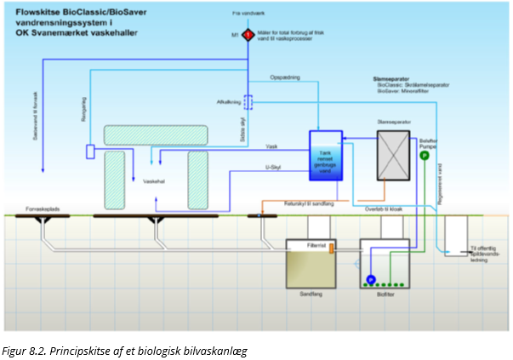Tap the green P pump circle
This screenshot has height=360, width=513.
(x=424, y=156)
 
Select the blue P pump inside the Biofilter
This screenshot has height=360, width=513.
(x=371, y=280)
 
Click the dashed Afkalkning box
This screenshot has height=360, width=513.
(x=248, y=102)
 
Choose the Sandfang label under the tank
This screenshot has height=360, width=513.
(x=311, y=291)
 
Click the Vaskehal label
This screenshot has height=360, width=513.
(x=154, y=181)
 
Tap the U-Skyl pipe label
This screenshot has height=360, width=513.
(x=273, y=168)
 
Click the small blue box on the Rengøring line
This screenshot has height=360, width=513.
(x=90, y=151)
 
